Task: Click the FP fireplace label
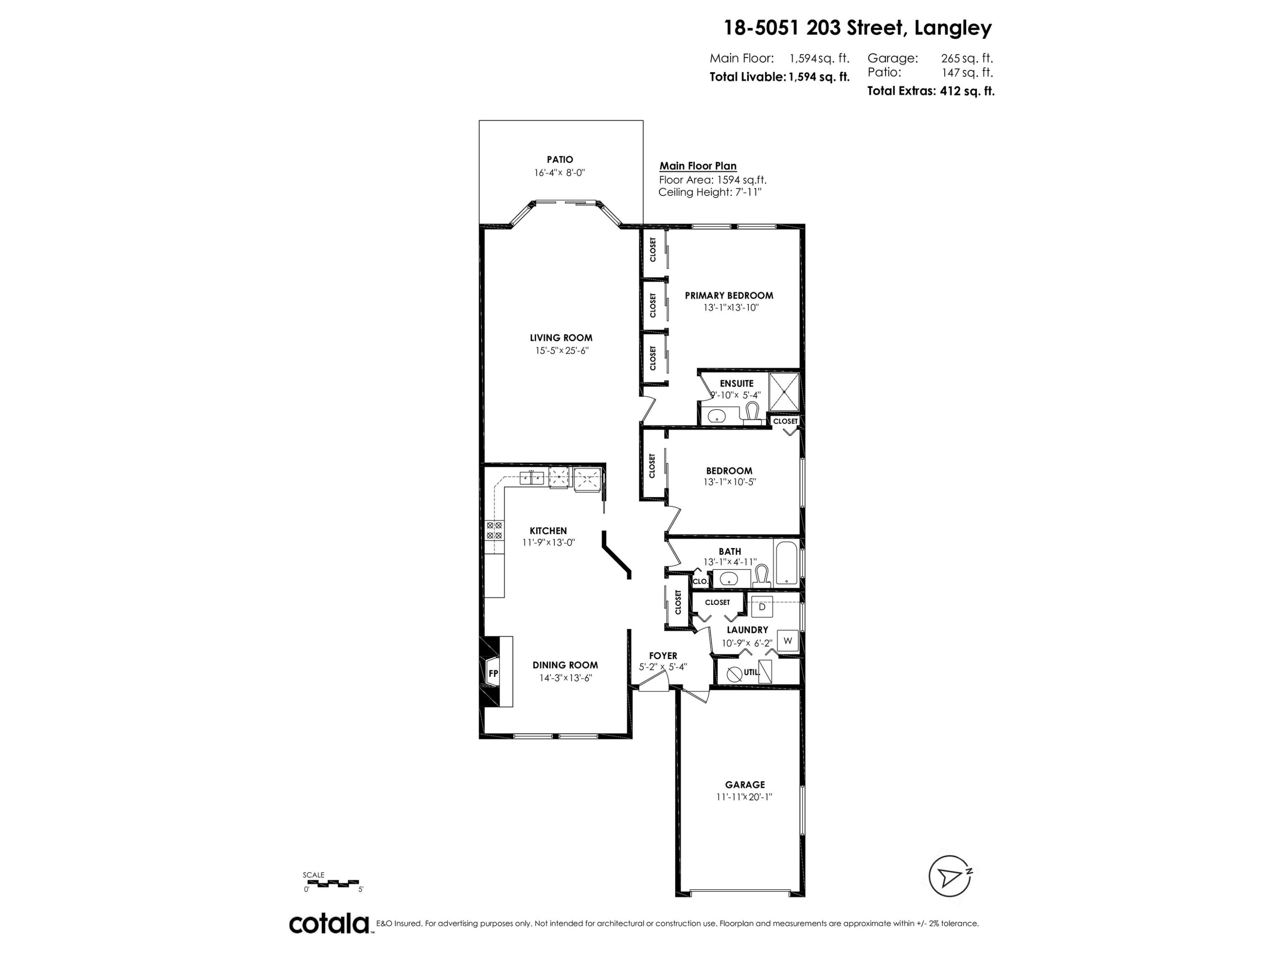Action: point(493,673)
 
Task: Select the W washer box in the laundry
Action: point(787,641)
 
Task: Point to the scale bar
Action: point(330,883)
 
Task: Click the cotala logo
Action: point(329,923)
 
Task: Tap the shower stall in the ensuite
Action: point(784,392)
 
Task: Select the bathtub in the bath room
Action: point(786,563)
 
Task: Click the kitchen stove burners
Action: point(494,530)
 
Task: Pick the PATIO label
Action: point(560,159)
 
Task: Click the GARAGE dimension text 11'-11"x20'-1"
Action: point(744,797)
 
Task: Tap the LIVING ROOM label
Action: point(561,338)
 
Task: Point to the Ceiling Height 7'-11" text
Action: point(709,192)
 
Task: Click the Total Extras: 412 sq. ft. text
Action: point(930,91)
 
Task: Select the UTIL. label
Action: point(751,673)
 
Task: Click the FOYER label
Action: point(663,656)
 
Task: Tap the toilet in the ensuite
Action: point(752,413)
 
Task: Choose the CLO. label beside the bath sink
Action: point(700,581)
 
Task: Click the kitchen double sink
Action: point(532,478)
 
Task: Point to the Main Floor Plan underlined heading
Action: point(698,166)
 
